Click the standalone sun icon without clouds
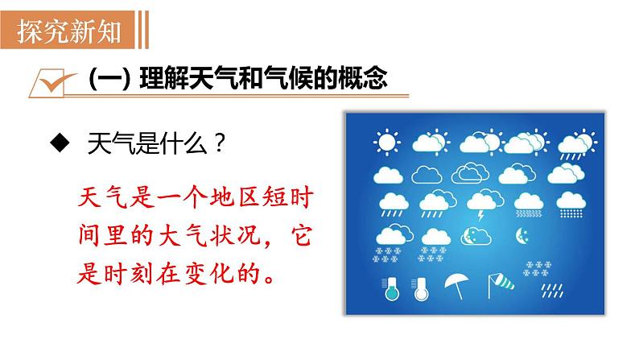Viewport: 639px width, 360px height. (x=386, y=143)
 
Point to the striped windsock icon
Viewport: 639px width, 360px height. (x=501, y=285)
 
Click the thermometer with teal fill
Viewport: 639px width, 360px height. (x=390, y=289)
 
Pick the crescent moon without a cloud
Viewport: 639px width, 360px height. (x=522, y=236)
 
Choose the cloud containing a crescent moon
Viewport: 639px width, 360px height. (x=476, y=236)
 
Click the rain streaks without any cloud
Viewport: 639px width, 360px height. (x=552, y=291)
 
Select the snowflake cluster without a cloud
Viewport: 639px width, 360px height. (x=537, y=268)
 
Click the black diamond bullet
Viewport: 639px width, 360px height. (x=60, y=143)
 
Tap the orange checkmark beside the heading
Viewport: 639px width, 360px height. (x=56, y=83)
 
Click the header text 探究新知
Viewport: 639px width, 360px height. (x=69, y=31)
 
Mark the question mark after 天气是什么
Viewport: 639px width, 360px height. (x=219, y=143)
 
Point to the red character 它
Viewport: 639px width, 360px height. (x=301, y=236)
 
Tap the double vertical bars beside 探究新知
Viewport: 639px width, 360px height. (x=143, y=30)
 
